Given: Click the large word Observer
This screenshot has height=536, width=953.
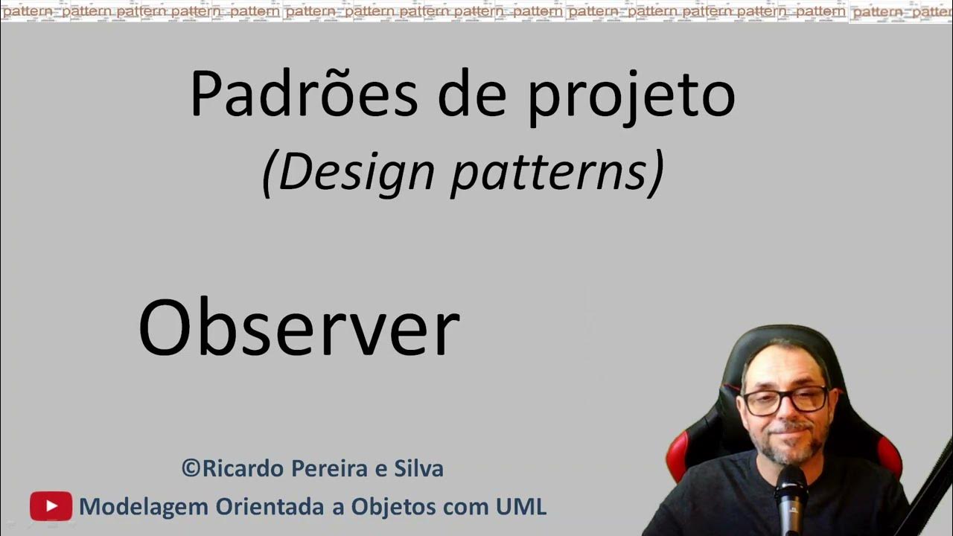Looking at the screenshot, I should (299, 328).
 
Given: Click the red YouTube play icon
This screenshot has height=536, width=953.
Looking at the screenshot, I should (51, 506).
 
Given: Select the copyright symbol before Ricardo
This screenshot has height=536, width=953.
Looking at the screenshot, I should (191, 469).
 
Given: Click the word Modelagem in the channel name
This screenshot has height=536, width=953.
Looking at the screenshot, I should (144, 507).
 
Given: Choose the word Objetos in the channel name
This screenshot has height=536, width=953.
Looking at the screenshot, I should (386, 507).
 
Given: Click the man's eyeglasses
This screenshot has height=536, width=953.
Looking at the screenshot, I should (785, 401).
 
